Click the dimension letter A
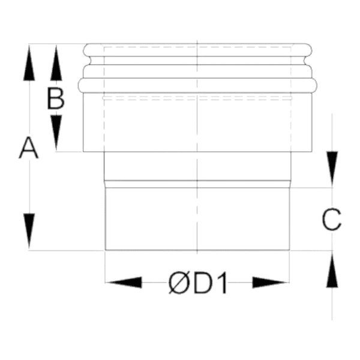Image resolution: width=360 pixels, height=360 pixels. pyautogui.click(x=29, y=148)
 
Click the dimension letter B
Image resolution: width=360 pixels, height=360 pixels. pyautogui.click(x=56, y=98)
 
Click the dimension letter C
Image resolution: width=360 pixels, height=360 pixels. pyautogui.click(x=332, y=219)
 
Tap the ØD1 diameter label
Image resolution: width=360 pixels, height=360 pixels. pyautogui.click(x=198, y=283)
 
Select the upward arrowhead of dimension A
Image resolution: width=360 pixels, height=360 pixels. pyautogui.click(x=29, y=62)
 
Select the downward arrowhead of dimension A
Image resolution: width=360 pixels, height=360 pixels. pyautogui.click(x=29, y=231)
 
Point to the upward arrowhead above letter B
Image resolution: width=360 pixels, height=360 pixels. pyautogui.click(x=56, y=62)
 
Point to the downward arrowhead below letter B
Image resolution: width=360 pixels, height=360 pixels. pyautogui.click(x=56, y=133)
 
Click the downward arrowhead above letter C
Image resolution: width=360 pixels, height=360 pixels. pyautogui.click(x=332, y=169)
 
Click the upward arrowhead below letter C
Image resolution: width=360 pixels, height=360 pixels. pyautogui.click(x=332, y=269)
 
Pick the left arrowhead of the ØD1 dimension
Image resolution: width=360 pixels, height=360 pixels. pyautogui.click(x=124, y=283)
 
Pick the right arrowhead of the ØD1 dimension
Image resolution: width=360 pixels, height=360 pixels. pyautogui.click(x=271, y=283)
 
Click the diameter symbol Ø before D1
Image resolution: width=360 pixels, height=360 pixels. pyautogui.click(x=178, y=283)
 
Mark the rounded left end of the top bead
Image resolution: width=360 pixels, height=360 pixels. pyautogui.click(x=86, y=50)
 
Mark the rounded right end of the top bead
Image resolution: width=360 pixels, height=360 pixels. pyautogui.click(x=308, y=50)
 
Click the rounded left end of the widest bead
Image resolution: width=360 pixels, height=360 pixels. pyautogui.click(x=81, y=85)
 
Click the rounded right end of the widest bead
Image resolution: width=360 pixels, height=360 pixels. pyautogui.click(x=314, y=85)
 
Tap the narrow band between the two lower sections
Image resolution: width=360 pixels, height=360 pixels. pyautogui.click(x=197, y=184)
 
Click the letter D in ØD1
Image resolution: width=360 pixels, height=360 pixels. pyautogui.click(x=203, y=283)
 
